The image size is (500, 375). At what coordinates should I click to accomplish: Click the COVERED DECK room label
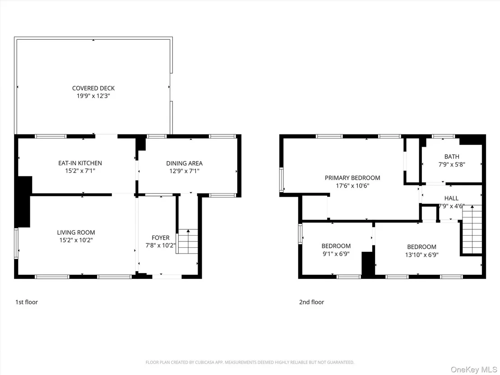pyautogui.click(x=93, y=88)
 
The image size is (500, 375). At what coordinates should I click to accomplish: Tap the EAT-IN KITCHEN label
pyautogui.click(x=80, y=163)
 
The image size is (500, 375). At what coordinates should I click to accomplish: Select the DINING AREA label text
pyautogui.click(x=184, y=163)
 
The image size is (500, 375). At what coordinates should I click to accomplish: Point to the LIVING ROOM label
pyautogui.click(x=76, y=232)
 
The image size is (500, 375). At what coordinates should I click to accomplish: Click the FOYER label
pyautogui.click(x=161, y=237)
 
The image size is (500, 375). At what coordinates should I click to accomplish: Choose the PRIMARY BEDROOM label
pyautogui.click(x=352, y=178)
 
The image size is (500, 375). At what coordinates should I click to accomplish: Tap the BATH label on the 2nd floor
pyautogui.click(x=452, y=157)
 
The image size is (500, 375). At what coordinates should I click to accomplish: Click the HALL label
pyautogui.click(x=452, y=199)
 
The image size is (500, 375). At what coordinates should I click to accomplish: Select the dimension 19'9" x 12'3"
pyautogui.click(x=93, y=96)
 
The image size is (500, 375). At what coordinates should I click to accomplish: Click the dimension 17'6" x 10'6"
pyautogui.click(x=352, y=186)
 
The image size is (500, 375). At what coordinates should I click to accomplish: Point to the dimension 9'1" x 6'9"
pyautogui.click(x=336, y=254)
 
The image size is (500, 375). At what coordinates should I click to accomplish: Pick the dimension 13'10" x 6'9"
pyautogui.click(x=421, y=255)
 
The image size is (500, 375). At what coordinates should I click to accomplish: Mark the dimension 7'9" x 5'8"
pyautogui.click(x=452, y=165)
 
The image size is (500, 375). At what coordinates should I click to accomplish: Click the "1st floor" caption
pyautogui.click(x=27, y=302)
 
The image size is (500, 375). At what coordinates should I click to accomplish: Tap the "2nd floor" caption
pyautogui.click(x=311, y=302)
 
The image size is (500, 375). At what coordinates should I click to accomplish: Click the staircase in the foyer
pyautogui.click(x=187, y=241)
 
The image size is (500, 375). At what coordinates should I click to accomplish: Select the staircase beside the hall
pyautogui.click(x=472, y=230)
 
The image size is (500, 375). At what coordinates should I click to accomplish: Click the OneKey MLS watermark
pyautogui.click(x=474, y=370)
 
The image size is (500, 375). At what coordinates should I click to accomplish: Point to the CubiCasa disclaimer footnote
pyautogui.click(x=250, y=362)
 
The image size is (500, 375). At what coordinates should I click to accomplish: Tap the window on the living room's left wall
pyautogui.click(x=16, y=243)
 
